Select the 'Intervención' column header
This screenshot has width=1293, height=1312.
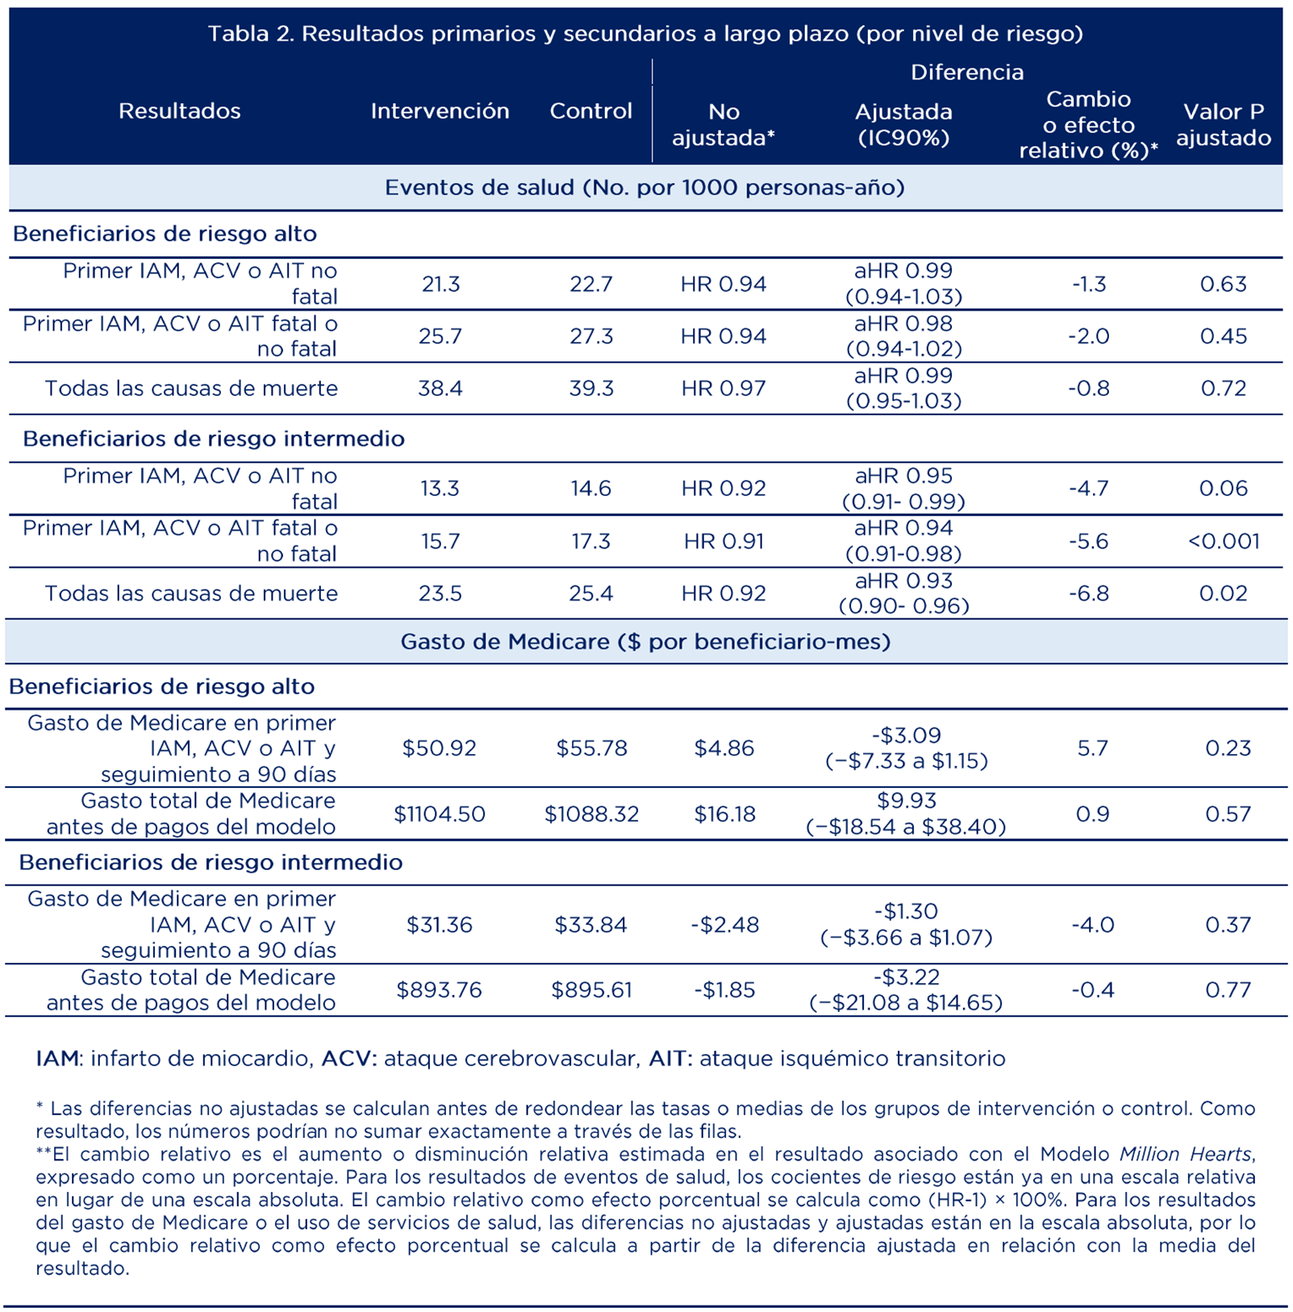pos(440,110)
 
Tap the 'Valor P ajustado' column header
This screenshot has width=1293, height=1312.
pos(1223,124)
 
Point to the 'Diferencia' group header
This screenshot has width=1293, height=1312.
pos(966,72)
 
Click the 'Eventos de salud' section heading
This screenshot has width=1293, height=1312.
pos(644,187)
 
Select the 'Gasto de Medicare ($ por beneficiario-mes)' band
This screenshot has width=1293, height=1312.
pos(645,641)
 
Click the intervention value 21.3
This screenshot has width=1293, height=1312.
pos(440,284)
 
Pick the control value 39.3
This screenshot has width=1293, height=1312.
pos(591,388)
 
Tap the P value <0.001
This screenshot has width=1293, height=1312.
pos(1223,540)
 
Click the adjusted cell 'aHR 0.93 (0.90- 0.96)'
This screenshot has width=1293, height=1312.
pos(903,593)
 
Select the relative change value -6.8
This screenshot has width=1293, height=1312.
pos(1088,593)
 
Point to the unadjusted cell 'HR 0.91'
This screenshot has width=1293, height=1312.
pos(724,540)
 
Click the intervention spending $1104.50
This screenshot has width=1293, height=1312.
pos(440,814)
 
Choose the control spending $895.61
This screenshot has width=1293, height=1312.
pos(591,989)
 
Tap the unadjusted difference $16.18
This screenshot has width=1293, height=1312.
pos(724,814)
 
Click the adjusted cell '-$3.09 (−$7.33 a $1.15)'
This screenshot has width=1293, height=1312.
pos(906,748)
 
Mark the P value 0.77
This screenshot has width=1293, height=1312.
pos(1228,989)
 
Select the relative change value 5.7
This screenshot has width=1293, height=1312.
pos(1092,748)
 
